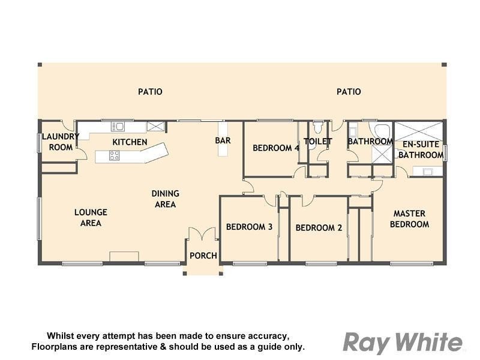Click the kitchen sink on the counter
[x=118, y=126]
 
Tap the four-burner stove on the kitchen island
[x=114, y=155]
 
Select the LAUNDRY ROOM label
[x=60, y=142]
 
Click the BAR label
[x=223, y=141]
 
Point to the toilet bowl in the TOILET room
[x=318, y=127]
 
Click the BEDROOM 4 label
[x=275, y=148]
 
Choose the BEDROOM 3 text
[x=249, y=227]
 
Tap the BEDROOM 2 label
[x=319, y=227]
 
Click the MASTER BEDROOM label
[x=409, y=219]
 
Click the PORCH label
[x=203, y=256]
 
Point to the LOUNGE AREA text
[x=91, y=218]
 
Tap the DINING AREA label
[x=165, y=199]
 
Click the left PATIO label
[x=150, y=92]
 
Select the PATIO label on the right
[x=349, y=92]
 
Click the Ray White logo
[x=403, y=343]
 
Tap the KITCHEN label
[x=130, y=142]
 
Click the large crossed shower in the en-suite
[x=418, y=131]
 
